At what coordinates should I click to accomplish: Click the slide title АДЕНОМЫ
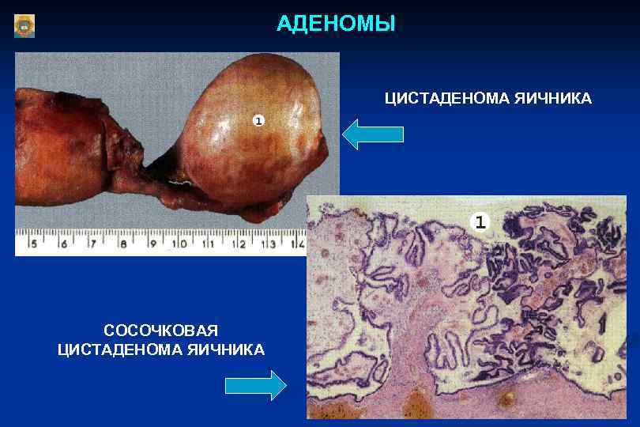pyautogui.click(x=336, y=24)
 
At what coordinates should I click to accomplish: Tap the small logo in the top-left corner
pyautogui.click(x=24, y=26)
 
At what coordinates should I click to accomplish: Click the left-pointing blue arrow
pyautogui.click(x=373, y=134)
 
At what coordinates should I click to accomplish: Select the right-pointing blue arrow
pyautogui.click(x=255, y=386)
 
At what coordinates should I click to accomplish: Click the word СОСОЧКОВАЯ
pyautogui.click(x=160, y=330)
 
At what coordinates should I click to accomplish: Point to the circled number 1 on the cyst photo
pyautogui.click(x=258, y=120)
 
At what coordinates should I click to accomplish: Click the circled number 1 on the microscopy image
pyautogui.click(x=480, y=221)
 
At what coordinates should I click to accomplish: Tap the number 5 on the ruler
pyautogui.click(x=33, y=244)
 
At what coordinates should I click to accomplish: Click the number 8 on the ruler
pyautogui.click(x=122, y=244)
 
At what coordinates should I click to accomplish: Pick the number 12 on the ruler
pyautogui.click(x=239, y=244)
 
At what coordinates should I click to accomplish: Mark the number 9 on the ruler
pyautogui.click(x=152, y=244)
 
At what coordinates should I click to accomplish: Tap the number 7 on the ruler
pyautogui.click(x=93, y=244)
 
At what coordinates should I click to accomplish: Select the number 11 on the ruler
pyautogui.click(x=209, y=244)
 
